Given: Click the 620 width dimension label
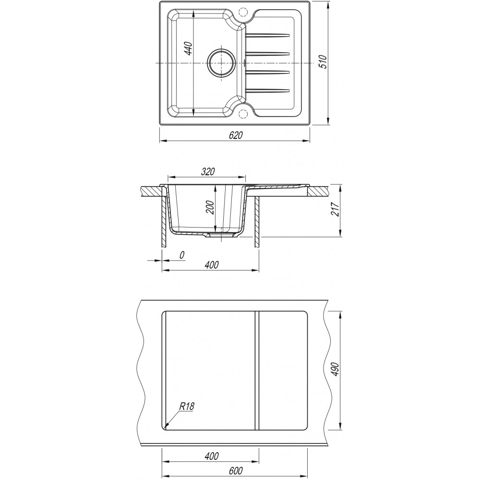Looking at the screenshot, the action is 235,135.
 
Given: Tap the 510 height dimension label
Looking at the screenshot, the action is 324,62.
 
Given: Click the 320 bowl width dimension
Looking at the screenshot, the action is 208,172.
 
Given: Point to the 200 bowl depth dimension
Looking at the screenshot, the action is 211,207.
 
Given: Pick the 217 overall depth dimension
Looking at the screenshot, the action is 336,209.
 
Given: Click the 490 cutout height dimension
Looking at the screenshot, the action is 336,370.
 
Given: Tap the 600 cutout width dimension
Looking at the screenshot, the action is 235,470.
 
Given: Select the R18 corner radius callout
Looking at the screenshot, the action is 187,407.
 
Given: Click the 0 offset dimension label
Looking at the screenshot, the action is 182,255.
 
